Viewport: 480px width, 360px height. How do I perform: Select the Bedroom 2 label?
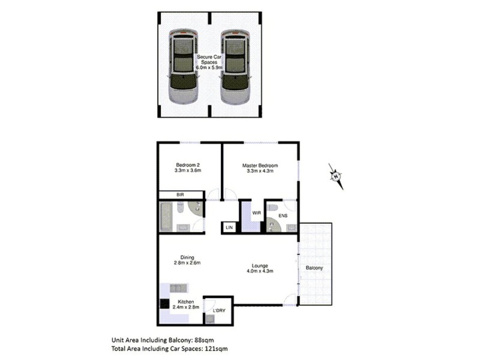coord(188,168)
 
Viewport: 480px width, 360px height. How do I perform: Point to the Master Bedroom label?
coord(260,168)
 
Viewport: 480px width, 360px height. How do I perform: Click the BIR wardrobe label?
coord(179,195)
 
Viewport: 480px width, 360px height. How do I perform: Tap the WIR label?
coord(256,212)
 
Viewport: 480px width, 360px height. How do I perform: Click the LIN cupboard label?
coord(229,227)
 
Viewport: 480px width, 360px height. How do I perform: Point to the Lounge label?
coord(260,268)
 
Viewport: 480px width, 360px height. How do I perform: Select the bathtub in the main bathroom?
coord(166,217)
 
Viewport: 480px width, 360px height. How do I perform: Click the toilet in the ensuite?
coord(274,208)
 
